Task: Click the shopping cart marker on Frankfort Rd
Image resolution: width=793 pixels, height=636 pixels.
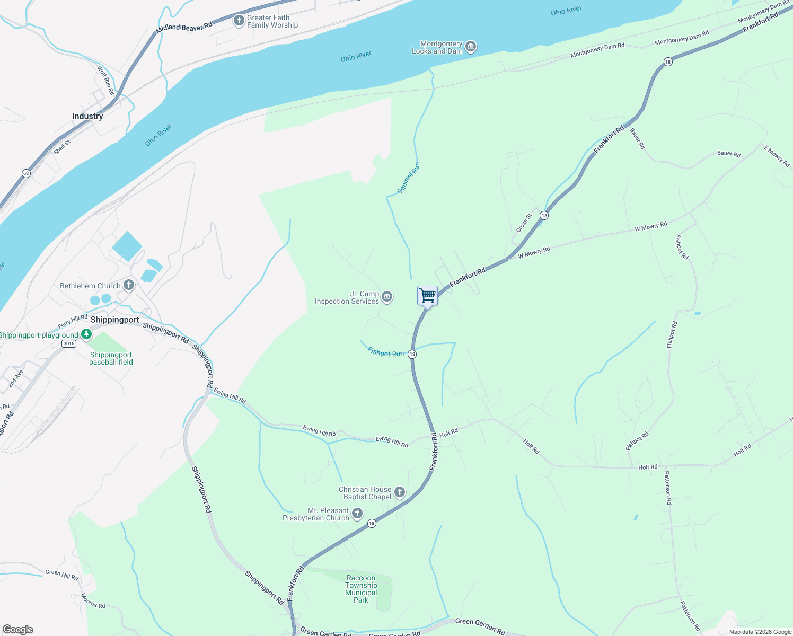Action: coord(427,296)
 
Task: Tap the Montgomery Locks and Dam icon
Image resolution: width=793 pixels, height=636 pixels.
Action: coord(470,47)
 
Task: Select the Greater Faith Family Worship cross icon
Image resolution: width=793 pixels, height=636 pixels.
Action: coord(239,21)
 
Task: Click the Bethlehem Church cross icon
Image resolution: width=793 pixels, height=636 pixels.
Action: coord(129,286)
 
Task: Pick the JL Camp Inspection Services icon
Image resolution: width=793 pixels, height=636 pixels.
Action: coord(387,297)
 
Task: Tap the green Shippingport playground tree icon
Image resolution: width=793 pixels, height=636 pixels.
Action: coord(86,335)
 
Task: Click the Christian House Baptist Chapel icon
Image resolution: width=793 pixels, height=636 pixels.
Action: coord(400,493)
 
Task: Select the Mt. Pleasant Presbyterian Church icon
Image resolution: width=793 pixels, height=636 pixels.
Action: coord(357,514)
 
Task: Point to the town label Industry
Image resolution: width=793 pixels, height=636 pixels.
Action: coord(87,116)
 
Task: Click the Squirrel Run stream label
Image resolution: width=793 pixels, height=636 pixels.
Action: coord(409,178)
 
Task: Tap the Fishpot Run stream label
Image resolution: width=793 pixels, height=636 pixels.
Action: coord(385,352)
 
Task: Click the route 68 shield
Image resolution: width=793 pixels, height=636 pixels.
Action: coord(26,173)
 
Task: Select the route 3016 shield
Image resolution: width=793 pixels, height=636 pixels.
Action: coord(68,343)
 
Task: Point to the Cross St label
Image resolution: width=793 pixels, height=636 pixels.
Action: coord(524,223)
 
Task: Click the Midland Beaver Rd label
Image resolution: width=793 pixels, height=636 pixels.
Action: coord(184,27)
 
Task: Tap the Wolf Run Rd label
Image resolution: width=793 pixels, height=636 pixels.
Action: coord(105,80)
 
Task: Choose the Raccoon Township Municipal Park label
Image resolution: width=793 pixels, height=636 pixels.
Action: coord(361,589)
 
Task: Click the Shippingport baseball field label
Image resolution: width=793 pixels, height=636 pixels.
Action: coord(111,359)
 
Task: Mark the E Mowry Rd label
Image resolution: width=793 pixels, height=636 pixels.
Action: coord(777,156)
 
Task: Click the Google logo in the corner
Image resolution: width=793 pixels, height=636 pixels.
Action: coord(18,629)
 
